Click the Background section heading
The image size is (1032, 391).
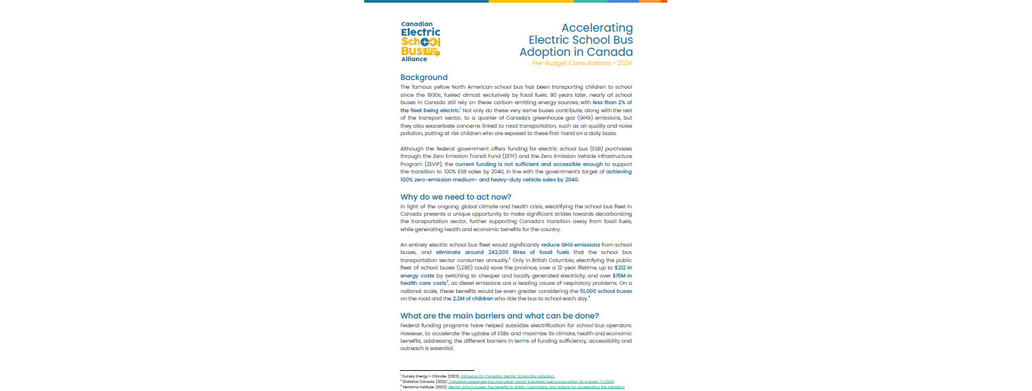pos(423,77)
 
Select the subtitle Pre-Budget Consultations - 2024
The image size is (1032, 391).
pos(582,63)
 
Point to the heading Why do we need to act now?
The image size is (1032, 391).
pos(456,197)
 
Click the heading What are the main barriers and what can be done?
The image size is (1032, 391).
pos(499,316)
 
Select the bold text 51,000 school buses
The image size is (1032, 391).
pos(605,291)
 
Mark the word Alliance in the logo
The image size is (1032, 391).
pos(414,59)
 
